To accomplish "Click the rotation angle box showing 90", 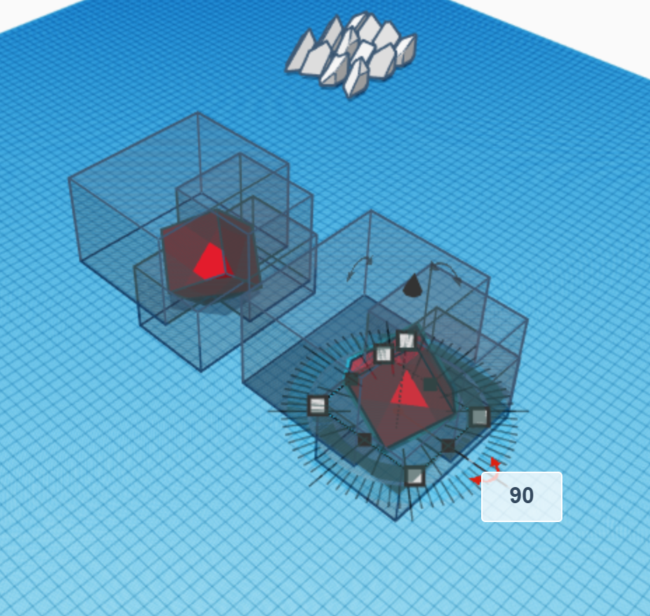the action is [x=522, y=497].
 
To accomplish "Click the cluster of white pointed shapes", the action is [x=351, y=55].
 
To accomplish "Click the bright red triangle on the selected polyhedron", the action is [x=409, y=390].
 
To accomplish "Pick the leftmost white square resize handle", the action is [x=318, y=405].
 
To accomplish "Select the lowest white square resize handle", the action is [x=415, y=476].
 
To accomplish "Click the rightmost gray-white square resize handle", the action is [x=479, y=417].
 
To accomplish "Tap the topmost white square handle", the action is [x=406, y=341].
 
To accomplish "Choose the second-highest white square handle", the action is [x=383, y=354].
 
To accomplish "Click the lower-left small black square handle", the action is [x=364, y=439].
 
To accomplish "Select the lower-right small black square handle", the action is [x=448, y=446].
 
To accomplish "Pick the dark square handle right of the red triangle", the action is [x=430, y=385].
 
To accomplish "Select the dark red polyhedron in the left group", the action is [x=211, y=258].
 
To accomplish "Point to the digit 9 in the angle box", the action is [x=516, y=495].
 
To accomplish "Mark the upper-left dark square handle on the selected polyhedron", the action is [x=352, y=378].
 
